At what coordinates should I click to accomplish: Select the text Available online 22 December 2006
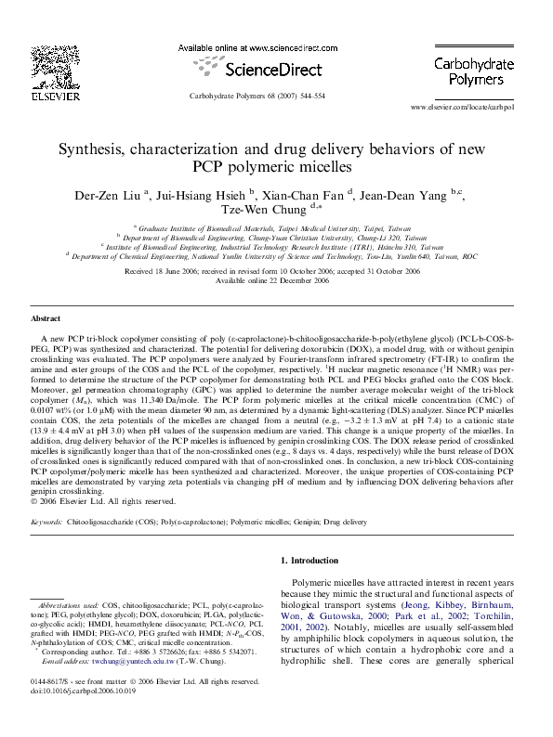(x=276, y=279)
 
